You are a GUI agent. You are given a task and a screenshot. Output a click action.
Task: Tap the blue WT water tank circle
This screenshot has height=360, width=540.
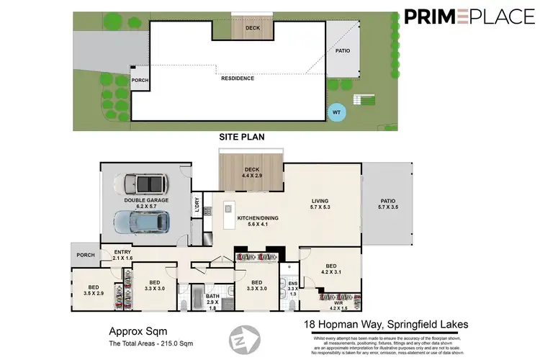click(336, 112)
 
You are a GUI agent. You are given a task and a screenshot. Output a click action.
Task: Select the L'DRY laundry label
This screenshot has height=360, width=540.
click(196, 206)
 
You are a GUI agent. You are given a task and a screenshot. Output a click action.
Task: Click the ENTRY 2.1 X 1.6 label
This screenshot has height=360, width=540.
click(123, 254)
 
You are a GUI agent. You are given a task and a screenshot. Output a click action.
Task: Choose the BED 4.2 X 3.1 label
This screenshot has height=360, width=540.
click(330, 268)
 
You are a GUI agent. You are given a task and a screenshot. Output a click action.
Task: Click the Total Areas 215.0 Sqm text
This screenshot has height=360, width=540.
click(150, 342)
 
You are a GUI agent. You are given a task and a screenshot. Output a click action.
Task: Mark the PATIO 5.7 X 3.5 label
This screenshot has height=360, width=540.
click(387, 205)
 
